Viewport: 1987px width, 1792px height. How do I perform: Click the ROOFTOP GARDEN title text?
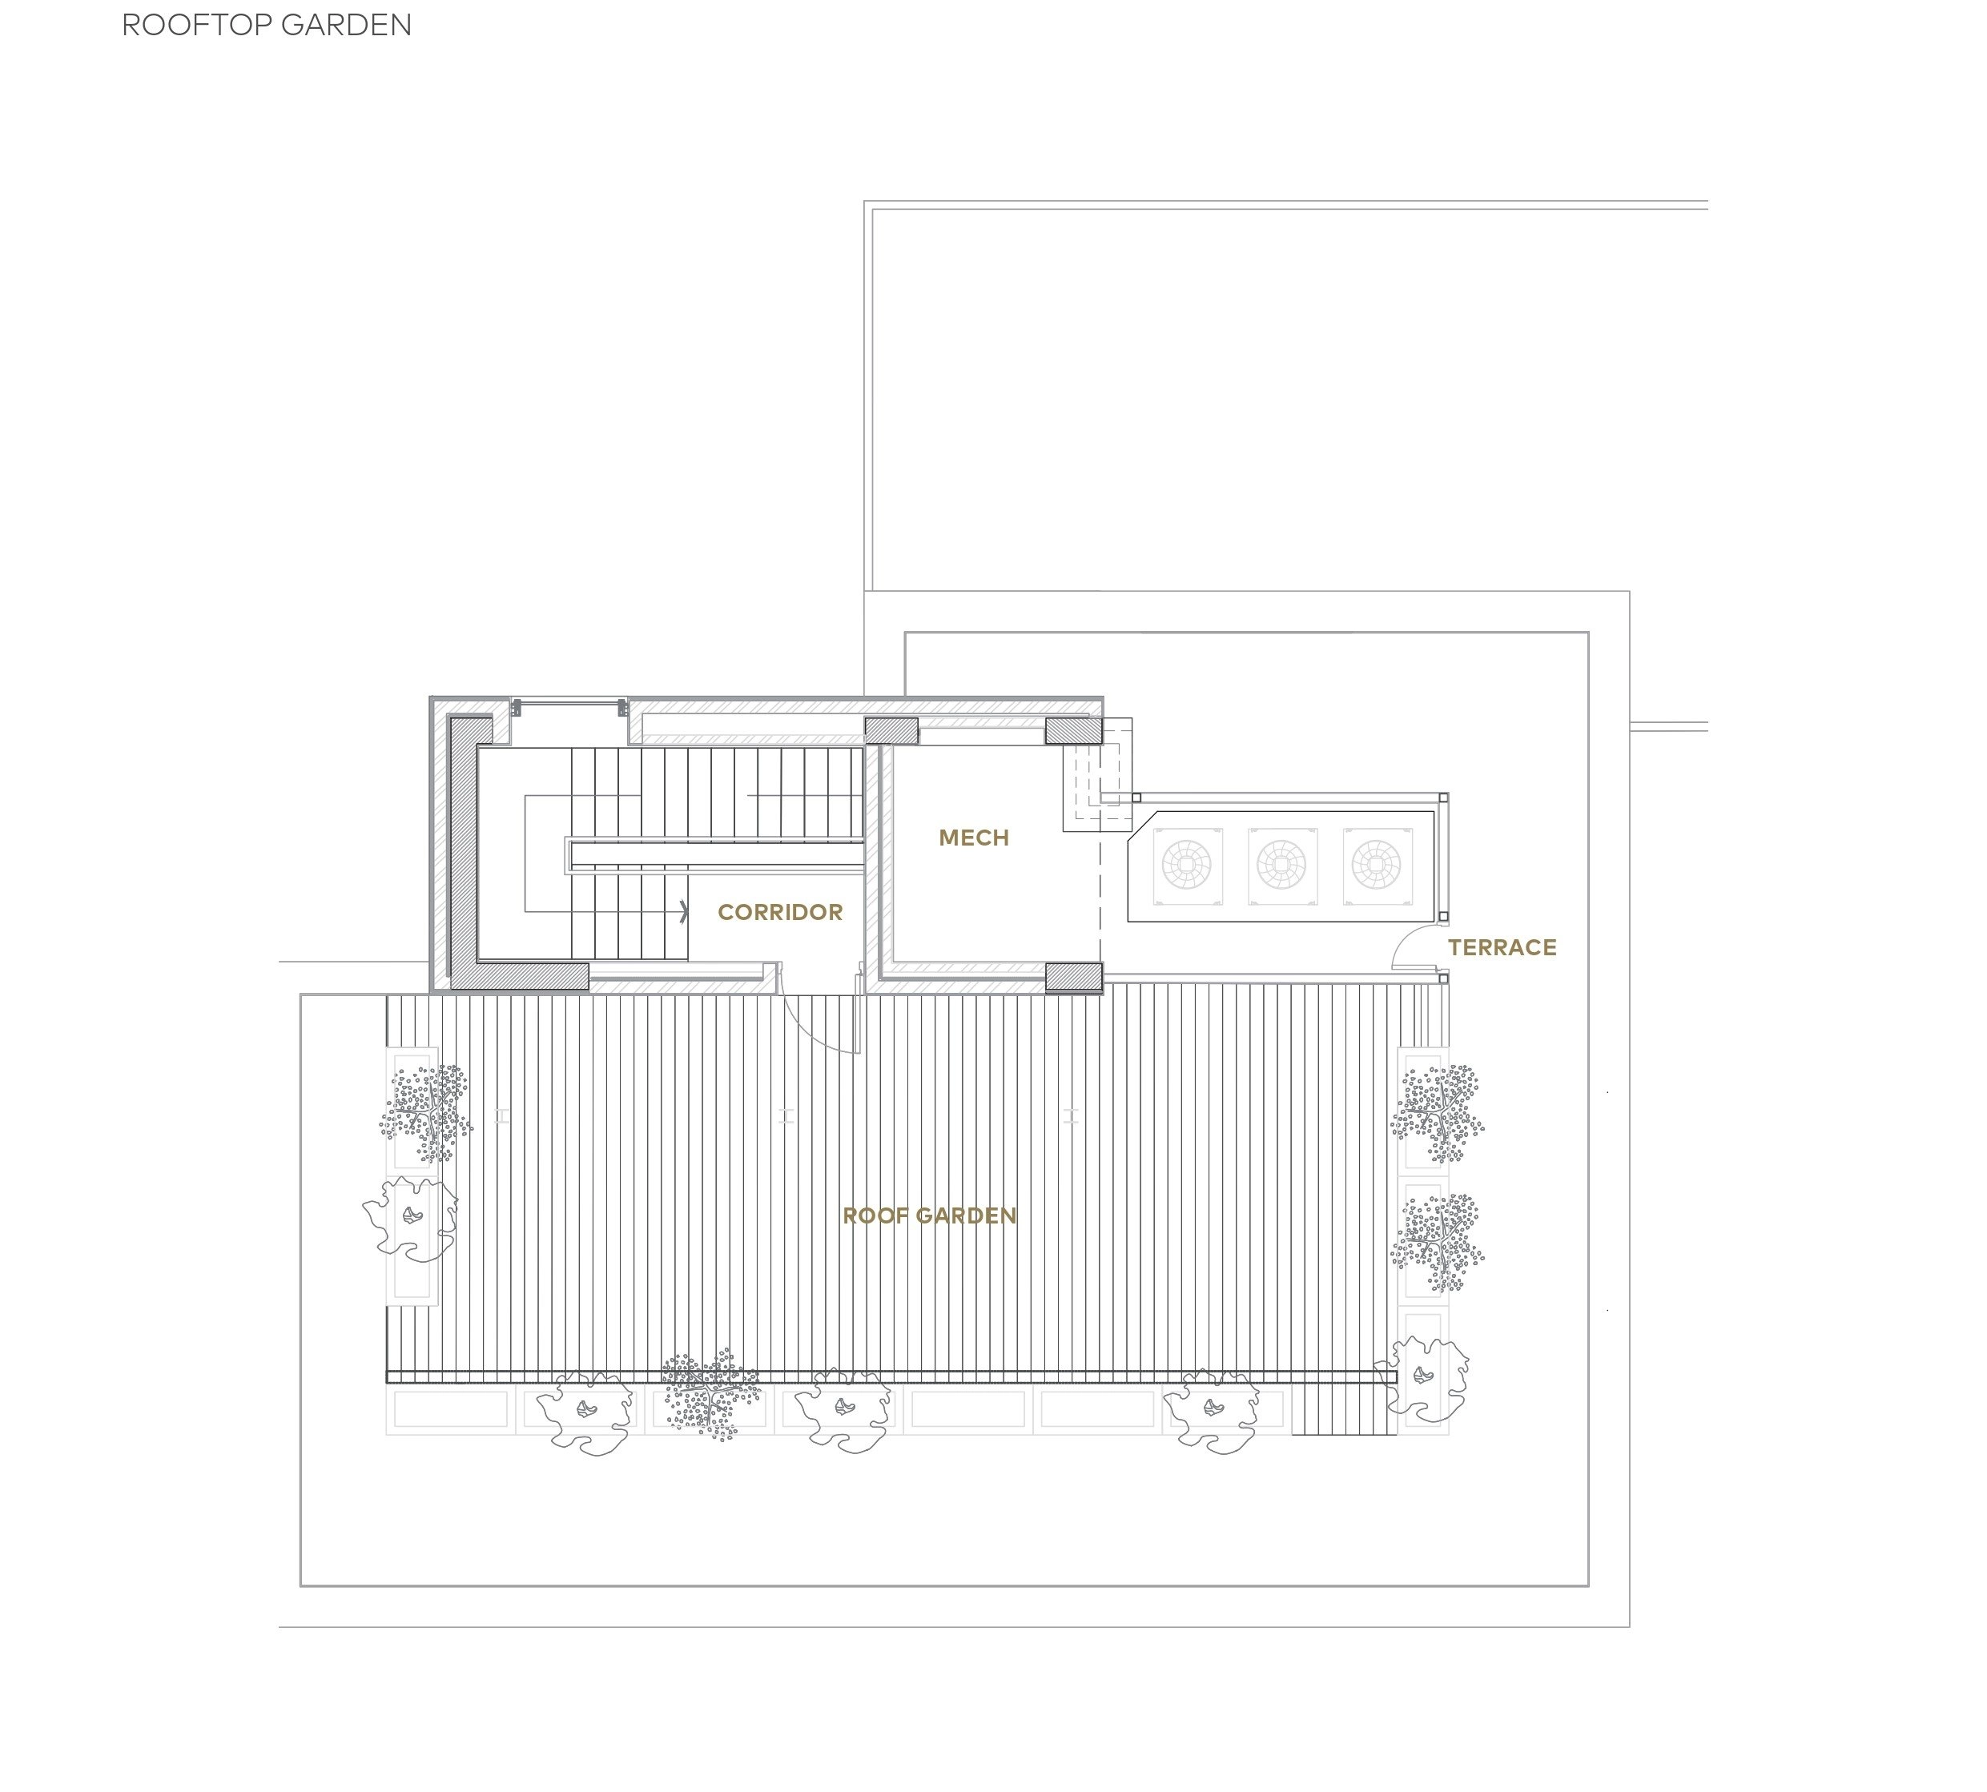266,25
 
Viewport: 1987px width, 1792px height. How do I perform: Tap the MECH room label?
973,838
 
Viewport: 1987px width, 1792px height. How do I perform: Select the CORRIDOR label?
780,912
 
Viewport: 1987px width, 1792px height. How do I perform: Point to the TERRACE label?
1502,947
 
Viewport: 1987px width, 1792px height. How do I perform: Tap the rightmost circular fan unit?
1377,866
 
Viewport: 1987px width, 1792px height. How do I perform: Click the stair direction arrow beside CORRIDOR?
686,912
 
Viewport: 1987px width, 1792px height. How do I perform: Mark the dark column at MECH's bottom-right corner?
1073,977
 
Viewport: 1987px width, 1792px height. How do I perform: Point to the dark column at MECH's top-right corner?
1073,730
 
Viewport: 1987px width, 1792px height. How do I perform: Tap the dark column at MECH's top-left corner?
891,730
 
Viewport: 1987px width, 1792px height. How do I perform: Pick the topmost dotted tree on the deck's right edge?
1438,1114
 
